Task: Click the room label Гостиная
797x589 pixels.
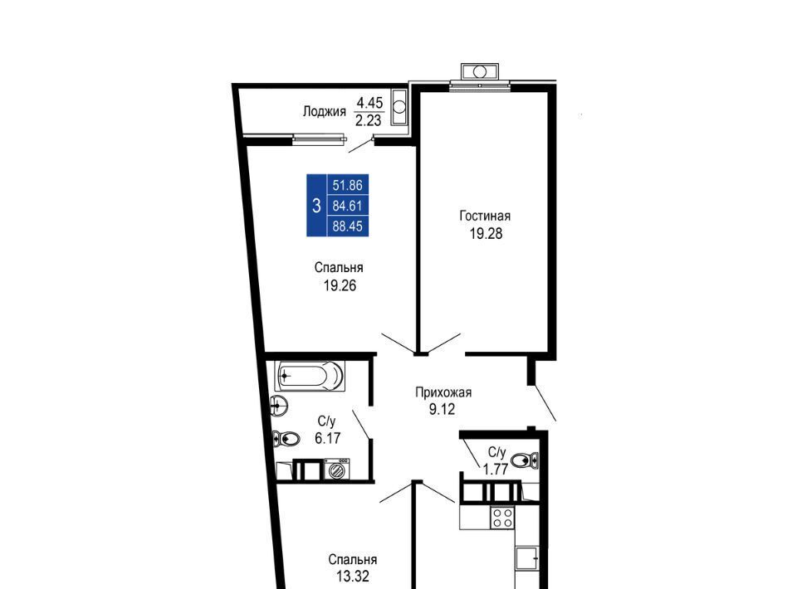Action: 485,217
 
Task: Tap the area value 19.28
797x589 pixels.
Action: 486,234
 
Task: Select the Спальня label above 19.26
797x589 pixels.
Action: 339,268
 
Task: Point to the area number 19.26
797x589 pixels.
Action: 340,286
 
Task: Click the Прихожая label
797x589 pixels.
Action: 443,392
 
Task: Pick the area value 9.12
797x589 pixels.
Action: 442,409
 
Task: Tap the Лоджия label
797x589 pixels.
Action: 325,112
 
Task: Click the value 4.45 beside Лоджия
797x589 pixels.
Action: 369,103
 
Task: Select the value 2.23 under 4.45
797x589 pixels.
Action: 368,120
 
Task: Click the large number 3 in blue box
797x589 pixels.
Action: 316,206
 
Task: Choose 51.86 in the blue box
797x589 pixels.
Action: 348,185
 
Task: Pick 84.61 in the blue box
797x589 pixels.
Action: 348,206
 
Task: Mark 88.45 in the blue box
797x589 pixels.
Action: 348,226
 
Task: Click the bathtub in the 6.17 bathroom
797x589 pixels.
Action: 310,377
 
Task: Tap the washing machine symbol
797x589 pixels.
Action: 337,470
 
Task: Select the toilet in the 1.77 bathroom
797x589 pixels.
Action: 525,460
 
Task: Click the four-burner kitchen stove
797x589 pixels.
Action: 502,518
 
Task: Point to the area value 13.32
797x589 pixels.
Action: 352,577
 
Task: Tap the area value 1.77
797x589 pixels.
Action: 496,470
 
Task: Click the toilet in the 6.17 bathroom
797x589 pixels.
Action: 285,438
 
